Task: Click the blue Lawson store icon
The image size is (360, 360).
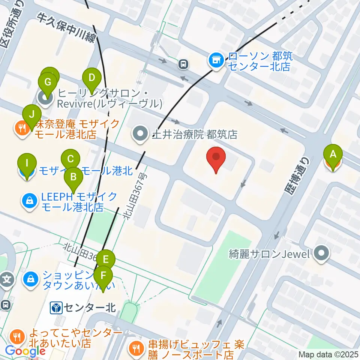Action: (x=216, y=59)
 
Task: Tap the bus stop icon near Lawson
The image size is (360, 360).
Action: (x=183, y=64)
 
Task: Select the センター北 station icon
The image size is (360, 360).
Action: (x=57, y=309)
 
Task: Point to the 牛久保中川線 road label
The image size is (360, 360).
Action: (x=66, y=28)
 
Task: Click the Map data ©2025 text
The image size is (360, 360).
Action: (x=328, y=354)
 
